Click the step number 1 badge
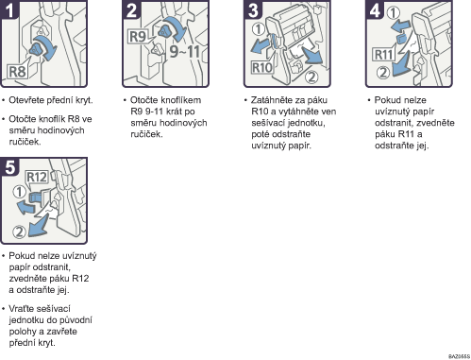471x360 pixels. [x=8, y=9]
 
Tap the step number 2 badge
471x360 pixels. [x=131, y=9]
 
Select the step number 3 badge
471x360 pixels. [x=253, y=9]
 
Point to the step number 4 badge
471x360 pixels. [x=375, y=9]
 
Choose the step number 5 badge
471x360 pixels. [x=9, y=166]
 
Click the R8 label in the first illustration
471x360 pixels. [x=17, y=72]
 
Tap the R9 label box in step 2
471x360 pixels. [x=138, y=37]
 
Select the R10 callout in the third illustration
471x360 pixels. [x=261, y=67]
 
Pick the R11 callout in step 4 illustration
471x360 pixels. [x=383, y=55]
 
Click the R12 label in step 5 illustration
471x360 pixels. [x=37, y=177]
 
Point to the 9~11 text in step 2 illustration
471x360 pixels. [x=185, y=51]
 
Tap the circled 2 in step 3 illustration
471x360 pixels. [x=311, y=77]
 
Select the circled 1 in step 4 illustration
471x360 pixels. [x=394, y=13]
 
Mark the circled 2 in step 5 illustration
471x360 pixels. [x=19, y=232]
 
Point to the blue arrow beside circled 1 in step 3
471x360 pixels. [x=261, y=46]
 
